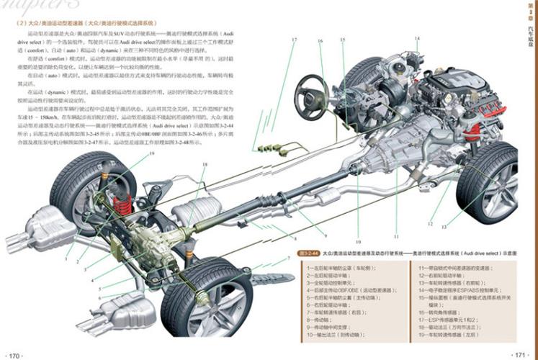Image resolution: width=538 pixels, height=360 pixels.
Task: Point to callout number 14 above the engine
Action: pyautogui.click(x=416, y=37)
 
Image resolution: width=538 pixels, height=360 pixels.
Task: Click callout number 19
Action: pyautogui.click(x=152, y=154)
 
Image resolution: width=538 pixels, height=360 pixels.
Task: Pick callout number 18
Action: pyautogui.click(x=204, y=165)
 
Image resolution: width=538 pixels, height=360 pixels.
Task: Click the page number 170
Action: pyautogui.click(x=17, y=354)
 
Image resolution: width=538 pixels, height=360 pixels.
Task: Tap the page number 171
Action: pyautogui.click(x=521, y=354)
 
